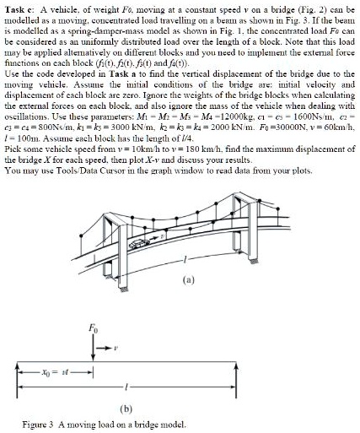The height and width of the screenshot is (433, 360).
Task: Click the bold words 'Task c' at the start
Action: coord(19,7)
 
